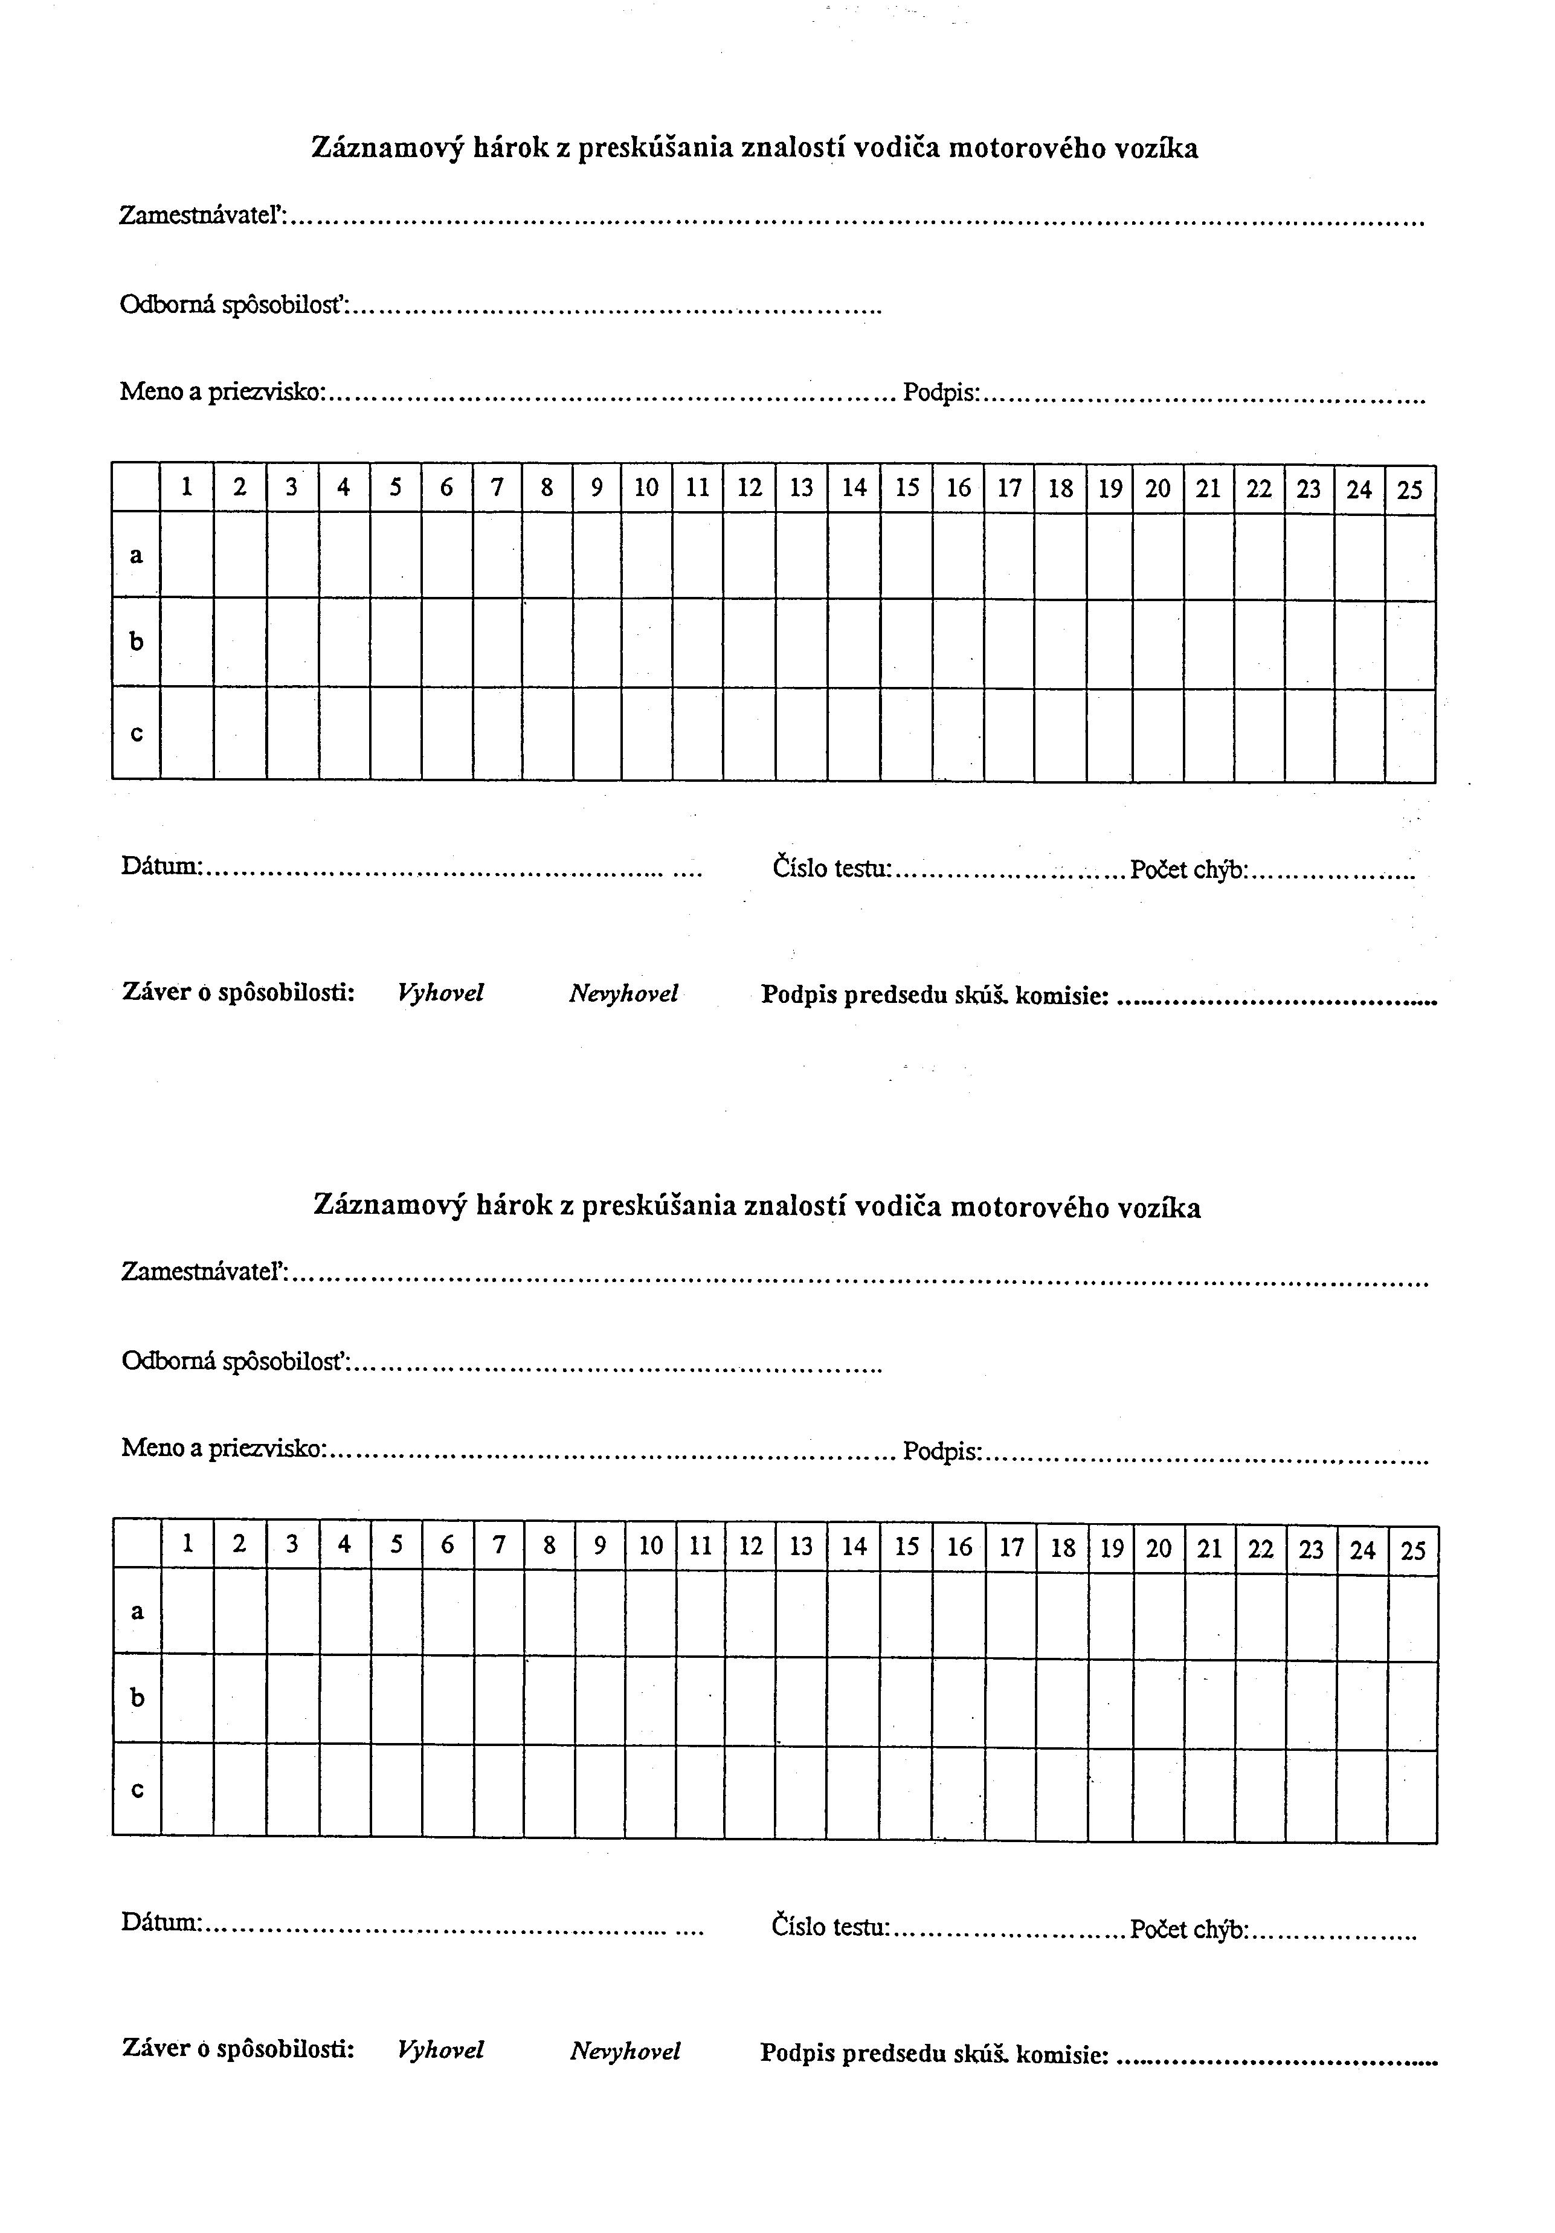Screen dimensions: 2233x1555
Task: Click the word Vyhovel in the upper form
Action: tap(440, 993)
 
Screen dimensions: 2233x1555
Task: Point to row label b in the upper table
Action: tap(136, 642)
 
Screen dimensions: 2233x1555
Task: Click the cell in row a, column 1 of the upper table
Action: tap(187, 555)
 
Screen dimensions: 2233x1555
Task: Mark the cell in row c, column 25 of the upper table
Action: tap(1410, 734)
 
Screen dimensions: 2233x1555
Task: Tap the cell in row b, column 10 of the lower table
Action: tap(651, 1698)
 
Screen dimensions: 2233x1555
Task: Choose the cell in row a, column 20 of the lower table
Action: tap(1158, 1611)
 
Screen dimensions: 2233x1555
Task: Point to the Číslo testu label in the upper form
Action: tap(831, 866)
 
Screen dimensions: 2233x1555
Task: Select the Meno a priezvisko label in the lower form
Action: tap(224, 1448)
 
